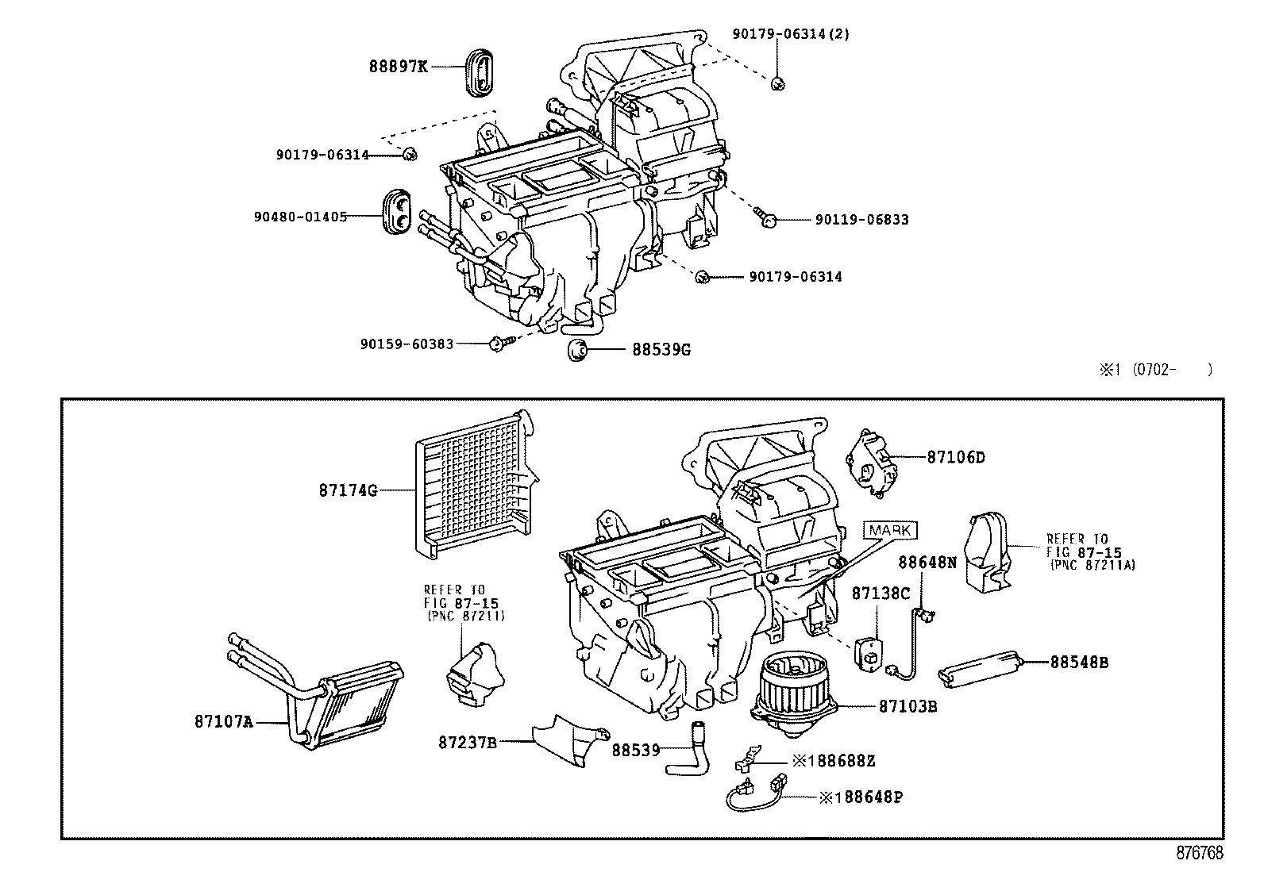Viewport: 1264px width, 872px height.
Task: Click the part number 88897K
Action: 398,67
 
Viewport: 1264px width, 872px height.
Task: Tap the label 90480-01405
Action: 300,216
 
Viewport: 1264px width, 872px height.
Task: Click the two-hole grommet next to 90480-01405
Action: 397,213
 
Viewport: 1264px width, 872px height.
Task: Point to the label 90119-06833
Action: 861,220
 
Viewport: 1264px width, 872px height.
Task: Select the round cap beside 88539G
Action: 577,349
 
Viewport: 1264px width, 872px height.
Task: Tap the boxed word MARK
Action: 891,530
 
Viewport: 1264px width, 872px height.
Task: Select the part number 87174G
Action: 348,490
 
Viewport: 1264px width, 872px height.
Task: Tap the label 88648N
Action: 927,563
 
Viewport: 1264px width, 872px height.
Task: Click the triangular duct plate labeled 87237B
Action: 572,739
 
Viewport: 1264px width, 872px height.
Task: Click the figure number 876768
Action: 1199,854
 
